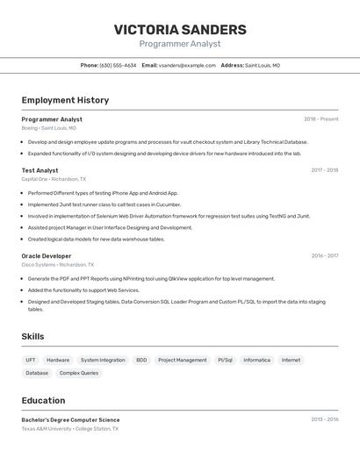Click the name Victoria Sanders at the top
pos(180,29)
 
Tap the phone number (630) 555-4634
pos(118,65)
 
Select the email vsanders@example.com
pos(187,65)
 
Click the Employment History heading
pos(65,100)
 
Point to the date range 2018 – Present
pos(320,119)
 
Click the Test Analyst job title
pos(40,170)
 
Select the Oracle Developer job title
pos(47,255)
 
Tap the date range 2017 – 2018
pos(324,170)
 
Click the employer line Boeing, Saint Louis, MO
pos(48,128)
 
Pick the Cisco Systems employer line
pos(57,264)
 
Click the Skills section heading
pos(32,336)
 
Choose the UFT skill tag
pos(31,360)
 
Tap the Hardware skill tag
pos(58,360)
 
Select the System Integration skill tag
pos(103,360)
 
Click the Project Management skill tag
pos(183,360)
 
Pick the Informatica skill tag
pos(257,360)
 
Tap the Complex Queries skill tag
pos(79,373)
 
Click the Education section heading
pos(43,400)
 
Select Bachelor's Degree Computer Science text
pos(70,419)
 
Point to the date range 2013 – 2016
pos(324,419)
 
